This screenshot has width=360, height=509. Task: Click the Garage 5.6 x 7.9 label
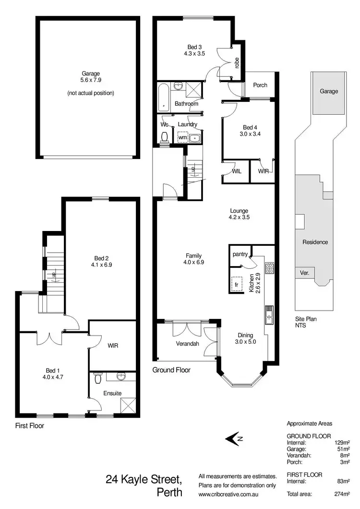tap(91, 77)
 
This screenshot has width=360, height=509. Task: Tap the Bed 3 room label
tap(194, 50)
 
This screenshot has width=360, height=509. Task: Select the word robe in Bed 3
tap(237, 63)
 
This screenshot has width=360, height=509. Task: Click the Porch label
tap(260, 85)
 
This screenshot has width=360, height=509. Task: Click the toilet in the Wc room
tap(165, 137)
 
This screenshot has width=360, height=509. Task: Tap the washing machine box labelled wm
tap(182, 137)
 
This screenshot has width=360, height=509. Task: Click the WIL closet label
tap(236, 171)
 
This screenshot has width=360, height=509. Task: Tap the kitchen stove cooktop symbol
tap(270, 267)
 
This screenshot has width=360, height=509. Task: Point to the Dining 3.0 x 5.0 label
tap(245, 339)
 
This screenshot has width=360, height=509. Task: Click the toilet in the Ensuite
tap(98, 379)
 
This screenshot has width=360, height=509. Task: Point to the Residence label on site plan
tap(315, 242)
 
